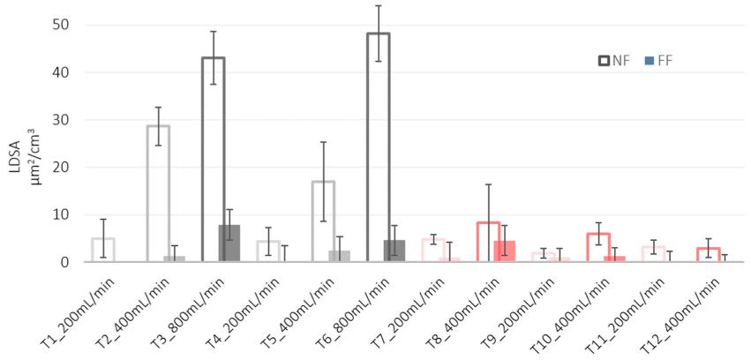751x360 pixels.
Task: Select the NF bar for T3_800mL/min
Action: [213, 160]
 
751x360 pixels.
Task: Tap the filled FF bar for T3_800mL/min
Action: [229, 244]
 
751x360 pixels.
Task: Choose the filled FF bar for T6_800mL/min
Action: [394, 251]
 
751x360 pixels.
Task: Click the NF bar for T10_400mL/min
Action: [598, 248]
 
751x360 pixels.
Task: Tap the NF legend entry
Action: [612, 60]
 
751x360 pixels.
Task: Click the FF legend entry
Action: [658, 60]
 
